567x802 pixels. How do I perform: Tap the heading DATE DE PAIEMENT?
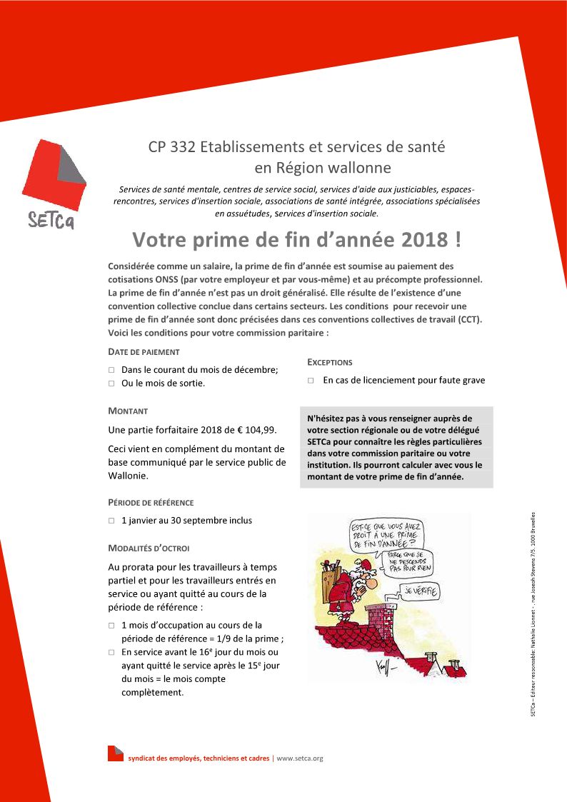click(x=144, y=352)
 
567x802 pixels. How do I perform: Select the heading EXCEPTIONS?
click(x=330, y=362)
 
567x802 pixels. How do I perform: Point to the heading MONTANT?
click(x=128, y=411)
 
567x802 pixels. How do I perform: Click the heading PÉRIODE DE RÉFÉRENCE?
click(x=151, y=503)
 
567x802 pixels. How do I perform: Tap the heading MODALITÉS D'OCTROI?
click(x=149, y=548)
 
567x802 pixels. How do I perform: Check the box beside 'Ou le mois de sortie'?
click(x=111, y=384)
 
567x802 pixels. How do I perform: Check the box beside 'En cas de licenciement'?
click(x=311, y=381)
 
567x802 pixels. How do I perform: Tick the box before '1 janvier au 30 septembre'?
click(x=111, y=521)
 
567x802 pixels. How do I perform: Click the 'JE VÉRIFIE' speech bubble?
click(x=421, y=591)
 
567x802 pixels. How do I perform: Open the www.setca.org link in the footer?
click(x=300, y=758)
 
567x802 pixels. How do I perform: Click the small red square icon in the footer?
click(x=115, y=753)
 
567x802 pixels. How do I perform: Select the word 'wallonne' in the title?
click(x=357, y=169)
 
